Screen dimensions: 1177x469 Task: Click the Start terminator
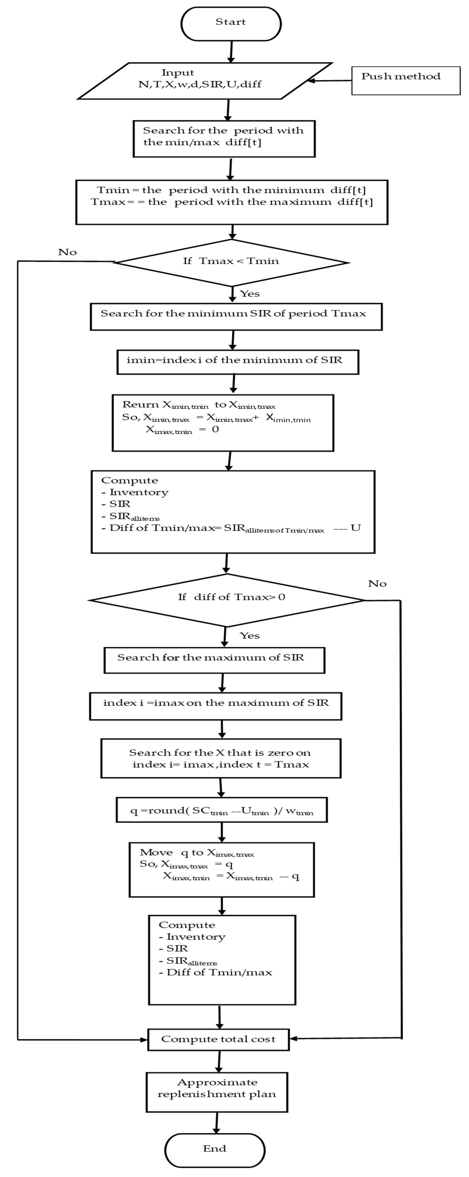pos(231,24)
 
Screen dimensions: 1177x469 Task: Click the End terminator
pos(215,1150)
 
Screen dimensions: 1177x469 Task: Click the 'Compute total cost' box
pos(218,1039)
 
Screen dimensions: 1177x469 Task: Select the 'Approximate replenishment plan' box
pos(217,1092)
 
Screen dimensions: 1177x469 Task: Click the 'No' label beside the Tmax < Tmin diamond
pos(67,252)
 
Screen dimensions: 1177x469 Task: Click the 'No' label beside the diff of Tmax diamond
pos(377,584)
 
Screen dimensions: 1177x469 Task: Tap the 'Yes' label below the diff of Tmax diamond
pos(250,636)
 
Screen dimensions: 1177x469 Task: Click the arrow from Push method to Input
pos(330,81)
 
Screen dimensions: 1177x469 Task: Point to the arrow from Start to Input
pos(231,51)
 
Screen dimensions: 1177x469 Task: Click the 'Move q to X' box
pos(221,869)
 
